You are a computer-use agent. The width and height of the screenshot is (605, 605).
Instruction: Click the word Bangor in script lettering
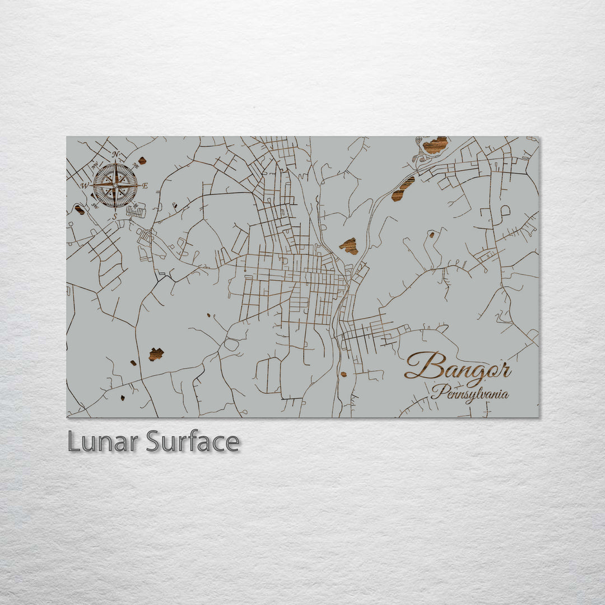[458, 367]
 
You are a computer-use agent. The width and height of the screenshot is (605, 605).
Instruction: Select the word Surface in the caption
[193, 441]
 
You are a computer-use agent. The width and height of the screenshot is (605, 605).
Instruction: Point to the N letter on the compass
[116, 155]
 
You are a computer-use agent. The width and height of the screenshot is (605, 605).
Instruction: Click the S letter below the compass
[115, 216]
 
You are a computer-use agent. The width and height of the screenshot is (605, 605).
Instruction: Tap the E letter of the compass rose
[145, 186]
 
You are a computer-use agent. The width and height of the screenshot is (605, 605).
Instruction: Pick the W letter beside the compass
[85, 185]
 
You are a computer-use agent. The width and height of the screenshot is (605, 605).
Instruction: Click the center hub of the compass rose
[115, 184]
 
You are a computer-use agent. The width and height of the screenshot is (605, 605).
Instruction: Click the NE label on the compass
[135, 165]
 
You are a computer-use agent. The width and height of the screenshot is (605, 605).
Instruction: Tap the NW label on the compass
[95, 165]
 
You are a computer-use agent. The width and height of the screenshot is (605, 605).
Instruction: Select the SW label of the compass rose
[95, 205]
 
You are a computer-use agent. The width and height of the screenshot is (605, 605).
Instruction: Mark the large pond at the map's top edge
[435, 145]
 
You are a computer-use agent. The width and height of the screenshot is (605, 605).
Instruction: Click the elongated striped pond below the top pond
[403, 189]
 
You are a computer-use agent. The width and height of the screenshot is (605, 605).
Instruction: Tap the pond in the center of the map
[349, 246]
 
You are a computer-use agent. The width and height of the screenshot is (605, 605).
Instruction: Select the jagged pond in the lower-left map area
[156, 354]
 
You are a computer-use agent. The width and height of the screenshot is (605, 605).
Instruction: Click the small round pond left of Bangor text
[343, 374]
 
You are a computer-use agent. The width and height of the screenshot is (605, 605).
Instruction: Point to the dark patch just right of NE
[142, 161]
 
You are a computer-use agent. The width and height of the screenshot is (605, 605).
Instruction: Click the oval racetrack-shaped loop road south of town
[231, 344]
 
